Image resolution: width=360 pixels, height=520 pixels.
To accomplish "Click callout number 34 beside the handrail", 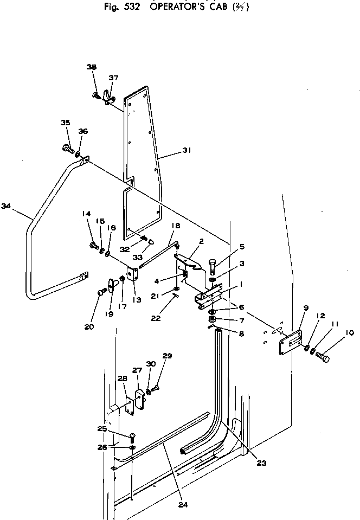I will pyautogui.click(x=6, y=206).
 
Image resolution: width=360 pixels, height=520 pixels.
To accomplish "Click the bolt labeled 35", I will pyautogui.click(x=67, y=147).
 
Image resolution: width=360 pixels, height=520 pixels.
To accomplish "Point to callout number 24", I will pyautogui.click(x=183, y=504).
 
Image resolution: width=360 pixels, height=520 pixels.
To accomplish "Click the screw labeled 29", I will pyautogui.click(x=156, y=388).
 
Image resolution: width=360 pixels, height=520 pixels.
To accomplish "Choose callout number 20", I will pyautogui.click(x=89, y=326).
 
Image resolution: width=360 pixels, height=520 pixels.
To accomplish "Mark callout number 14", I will pyautogui.click(x=86, y=214).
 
